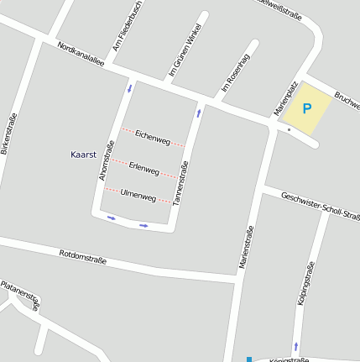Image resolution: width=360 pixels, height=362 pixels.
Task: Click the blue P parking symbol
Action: tap(306, 108)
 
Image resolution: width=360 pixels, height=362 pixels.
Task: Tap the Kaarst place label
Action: tap(85, 155)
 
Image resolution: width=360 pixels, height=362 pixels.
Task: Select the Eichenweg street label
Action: tap(153, 138)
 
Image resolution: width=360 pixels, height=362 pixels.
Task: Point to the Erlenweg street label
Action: tap(144, 169)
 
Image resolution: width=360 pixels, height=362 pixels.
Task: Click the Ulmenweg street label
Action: tap(138, 196)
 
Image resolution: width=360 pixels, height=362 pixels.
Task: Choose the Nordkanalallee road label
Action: tap(81, 55)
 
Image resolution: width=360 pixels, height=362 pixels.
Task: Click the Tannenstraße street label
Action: tap(180, 184)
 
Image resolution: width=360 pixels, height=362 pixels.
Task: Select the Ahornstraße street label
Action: tap(106, 160)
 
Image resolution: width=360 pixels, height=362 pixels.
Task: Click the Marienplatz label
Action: tap(285, 99)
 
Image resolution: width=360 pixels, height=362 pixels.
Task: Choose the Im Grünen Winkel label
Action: tap(185, 55)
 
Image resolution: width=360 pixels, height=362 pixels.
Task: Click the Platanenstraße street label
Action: tap(20, 296)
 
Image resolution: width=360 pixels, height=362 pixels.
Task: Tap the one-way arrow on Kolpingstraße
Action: tap(295, 346)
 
